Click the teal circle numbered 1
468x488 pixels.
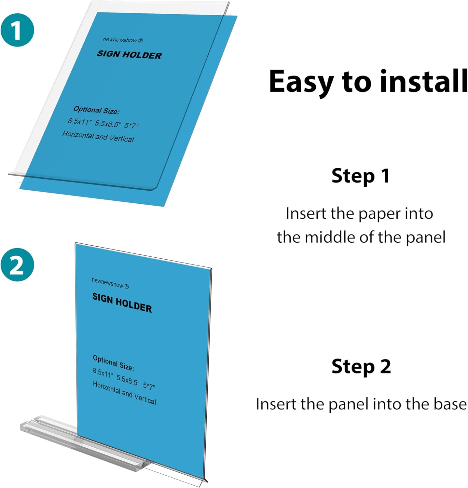click(17, 30)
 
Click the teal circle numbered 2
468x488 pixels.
click(17, 264)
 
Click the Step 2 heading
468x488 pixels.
click(361, 366)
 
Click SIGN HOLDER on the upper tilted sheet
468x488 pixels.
click(129, 55)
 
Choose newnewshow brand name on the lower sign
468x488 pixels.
click(108, 282)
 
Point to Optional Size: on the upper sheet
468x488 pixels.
click(96, 110)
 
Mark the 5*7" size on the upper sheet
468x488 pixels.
click(131, 126)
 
